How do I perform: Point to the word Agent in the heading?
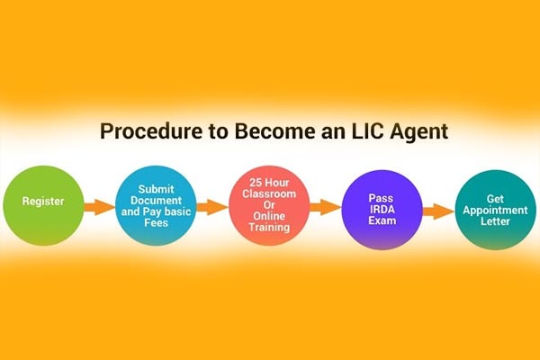pos(418,132)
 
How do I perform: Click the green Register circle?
pos(43,206)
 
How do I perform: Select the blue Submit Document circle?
pos(156,206)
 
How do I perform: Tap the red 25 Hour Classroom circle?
pos(269,206)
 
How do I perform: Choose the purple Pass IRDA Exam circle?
pos(382,210)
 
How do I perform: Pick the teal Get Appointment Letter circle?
pos(495,210)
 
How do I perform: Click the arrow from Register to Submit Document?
pos(100,207)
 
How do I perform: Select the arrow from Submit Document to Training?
pos(212,207)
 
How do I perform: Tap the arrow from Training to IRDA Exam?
pos(326,207)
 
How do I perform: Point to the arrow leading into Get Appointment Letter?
pos(438,211)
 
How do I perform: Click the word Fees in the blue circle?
pos(156,223)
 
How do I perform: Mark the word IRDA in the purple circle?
pos(382,210)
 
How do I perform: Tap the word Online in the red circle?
pos(269,216)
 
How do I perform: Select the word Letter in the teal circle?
pos(495,221)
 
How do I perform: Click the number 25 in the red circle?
pos(256,183)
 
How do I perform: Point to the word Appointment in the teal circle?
pos(495,211)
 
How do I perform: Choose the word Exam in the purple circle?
pos(382,220)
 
